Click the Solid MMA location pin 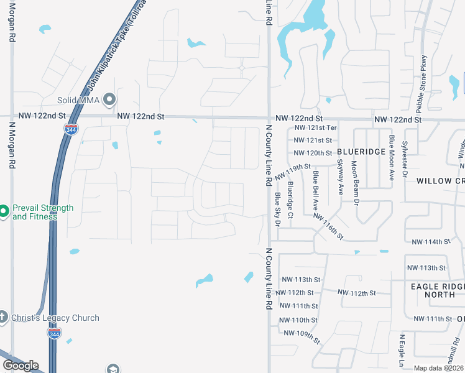[x=110, y=99]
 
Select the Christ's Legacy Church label [x=55, y=318]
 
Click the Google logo [x=21, y=366]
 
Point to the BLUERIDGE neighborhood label [x=362, y=152]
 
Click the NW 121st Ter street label [x=314, y=127]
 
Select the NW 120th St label [x=313, y=153]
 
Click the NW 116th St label [x=328, y=226]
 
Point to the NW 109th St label [x=302, y=336]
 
